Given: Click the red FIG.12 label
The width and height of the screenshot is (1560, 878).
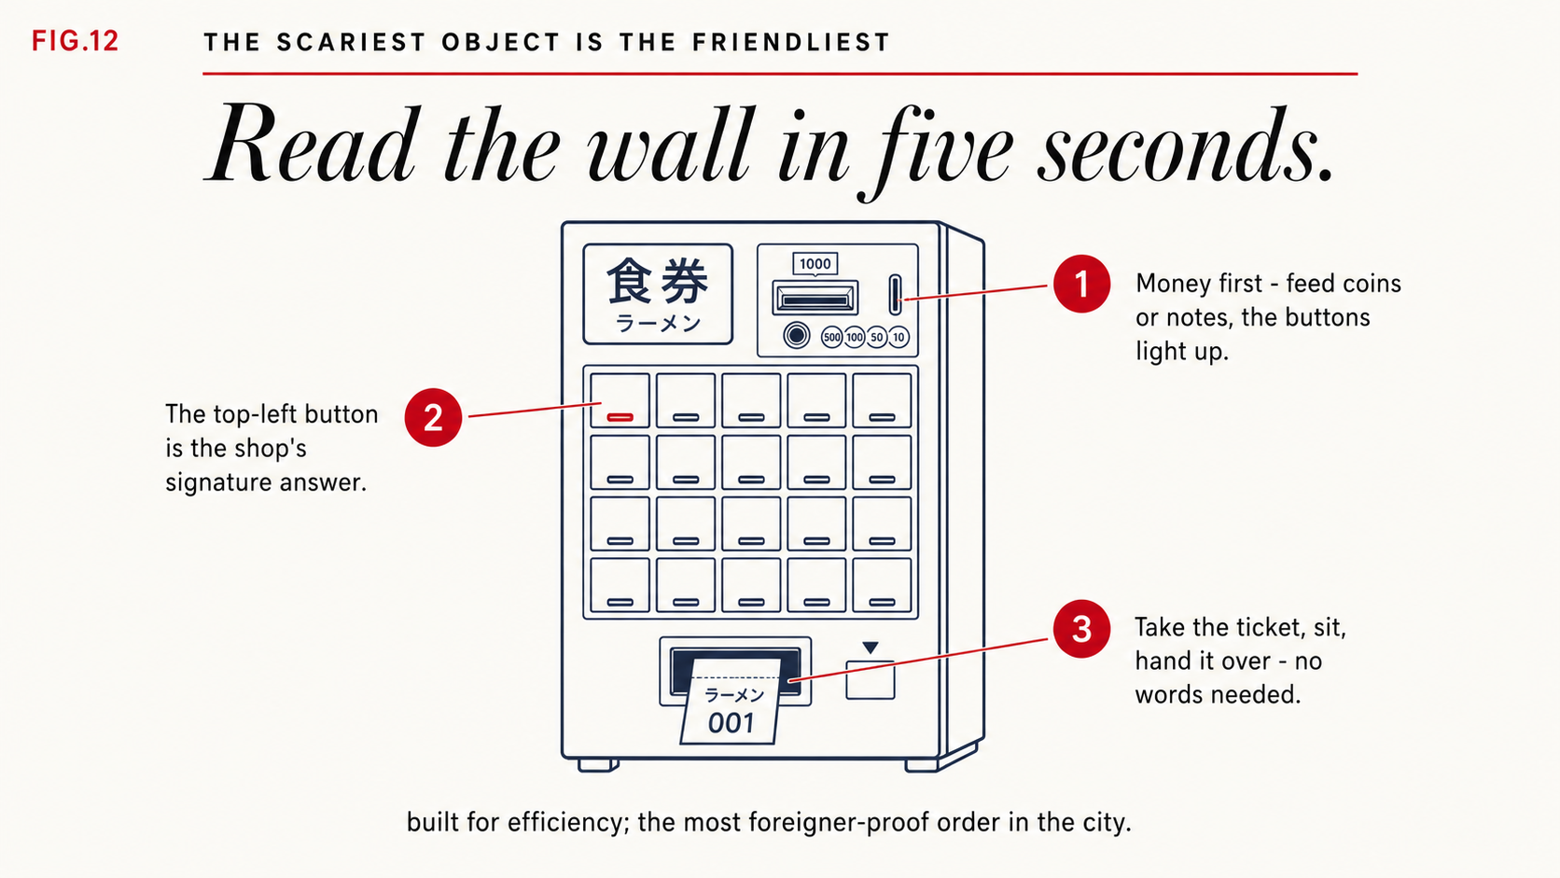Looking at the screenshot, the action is click(x=76, y=41).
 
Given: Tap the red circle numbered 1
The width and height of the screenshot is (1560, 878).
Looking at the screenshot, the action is click(x=1081, y=284).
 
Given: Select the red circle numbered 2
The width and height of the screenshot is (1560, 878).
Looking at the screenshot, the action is click(x=433, y=417).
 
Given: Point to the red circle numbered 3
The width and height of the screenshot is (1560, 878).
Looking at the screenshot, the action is click(x=1081, y=629).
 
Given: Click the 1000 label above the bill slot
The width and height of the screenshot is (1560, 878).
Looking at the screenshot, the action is click(x=815, y=264).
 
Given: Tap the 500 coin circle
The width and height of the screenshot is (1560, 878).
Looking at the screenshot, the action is click(x=832, y=337).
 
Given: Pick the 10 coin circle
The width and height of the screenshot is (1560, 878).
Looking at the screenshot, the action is click(x=899, y=337).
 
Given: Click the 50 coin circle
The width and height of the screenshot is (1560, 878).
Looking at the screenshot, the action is click(x=877, y=337).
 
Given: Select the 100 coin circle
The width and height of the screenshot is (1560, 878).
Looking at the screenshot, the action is click(x=855, y=337).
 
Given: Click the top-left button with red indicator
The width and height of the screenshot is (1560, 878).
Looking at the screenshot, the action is click(x=620, y=400).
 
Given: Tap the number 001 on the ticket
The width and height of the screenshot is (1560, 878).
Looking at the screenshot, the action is click(x=731, y=723).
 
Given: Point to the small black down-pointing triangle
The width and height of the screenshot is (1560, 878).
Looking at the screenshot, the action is click(x=871, y=648).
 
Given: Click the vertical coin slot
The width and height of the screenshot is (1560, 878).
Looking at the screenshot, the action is click(x=895, y=295).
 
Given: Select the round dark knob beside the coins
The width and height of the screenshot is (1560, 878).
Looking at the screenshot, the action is click(x=797, y=336).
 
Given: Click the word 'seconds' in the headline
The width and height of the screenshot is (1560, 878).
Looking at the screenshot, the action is click(x=1185, y=146).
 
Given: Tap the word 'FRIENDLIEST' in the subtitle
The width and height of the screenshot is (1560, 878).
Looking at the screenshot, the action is click(x=791, y=43).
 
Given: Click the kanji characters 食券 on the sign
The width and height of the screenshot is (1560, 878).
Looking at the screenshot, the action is click(x=658, y=281).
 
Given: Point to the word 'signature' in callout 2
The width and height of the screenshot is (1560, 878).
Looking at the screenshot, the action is click(x=218, y=482).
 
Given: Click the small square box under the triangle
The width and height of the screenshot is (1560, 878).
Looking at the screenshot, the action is click(x=871, y=679).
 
